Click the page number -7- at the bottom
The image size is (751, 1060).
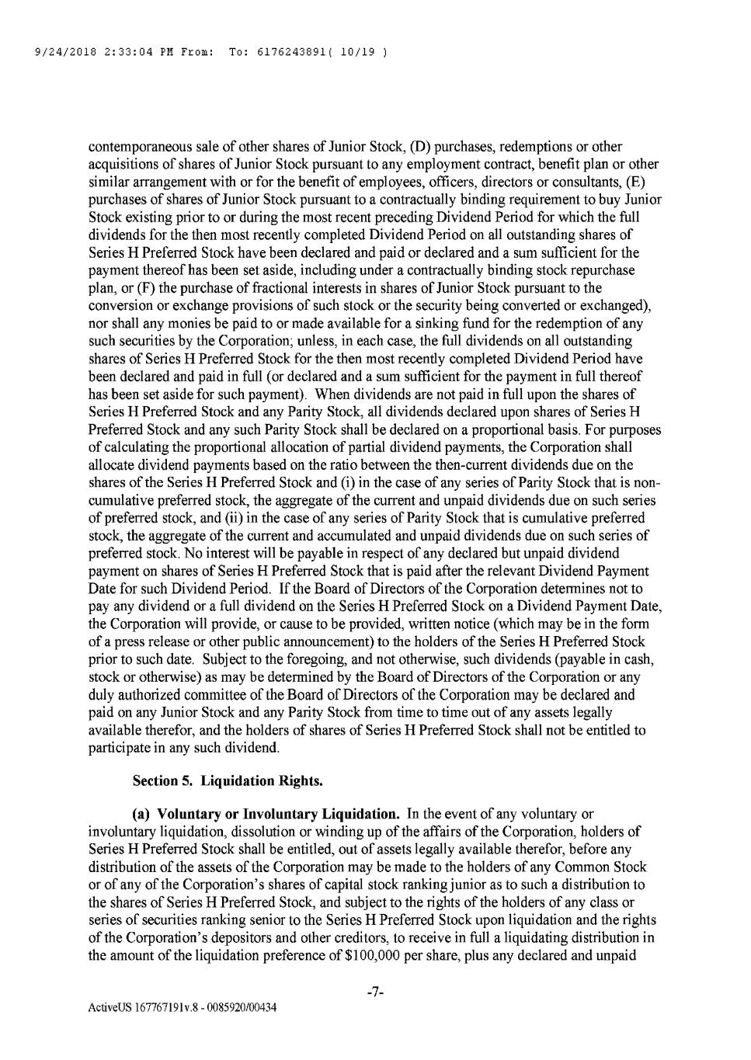pos(376,992)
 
